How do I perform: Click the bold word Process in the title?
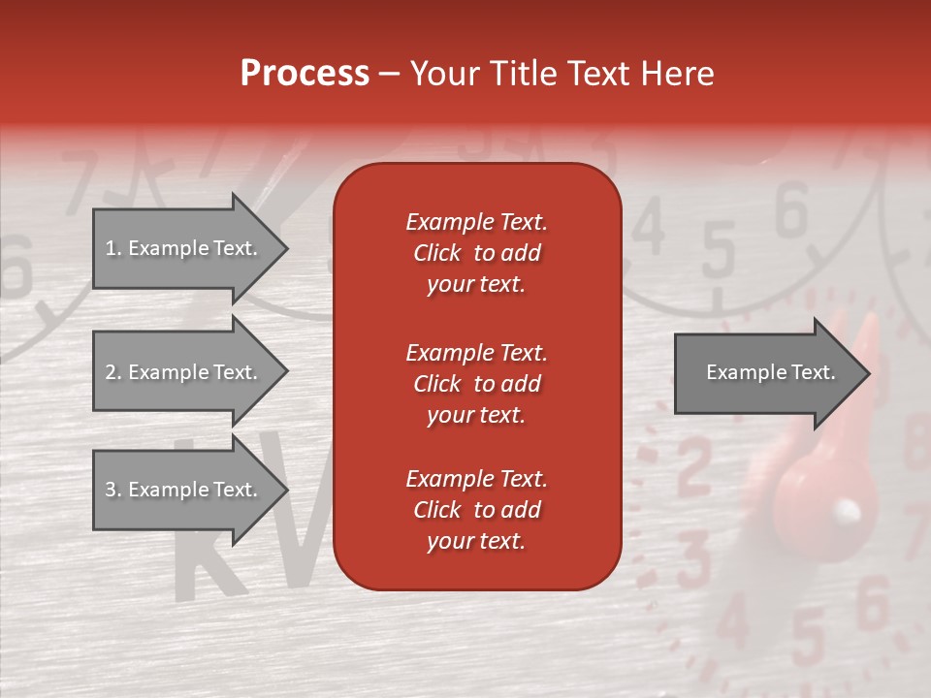(x=305, y=74)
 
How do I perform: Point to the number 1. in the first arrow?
(x=113, y=248)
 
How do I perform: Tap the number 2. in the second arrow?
(x=113, y=372)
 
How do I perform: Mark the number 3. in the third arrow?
(x=113, y=490)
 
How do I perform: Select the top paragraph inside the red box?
(x=476, y=253)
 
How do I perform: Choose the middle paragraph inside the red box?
(x=476, y=384)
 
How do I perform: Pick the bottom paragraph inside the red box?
(x=476, y=510)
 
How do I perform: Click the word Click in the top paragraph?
(x=436, y=253)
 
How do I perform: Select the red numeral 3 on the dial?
(x=694, y=554)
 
